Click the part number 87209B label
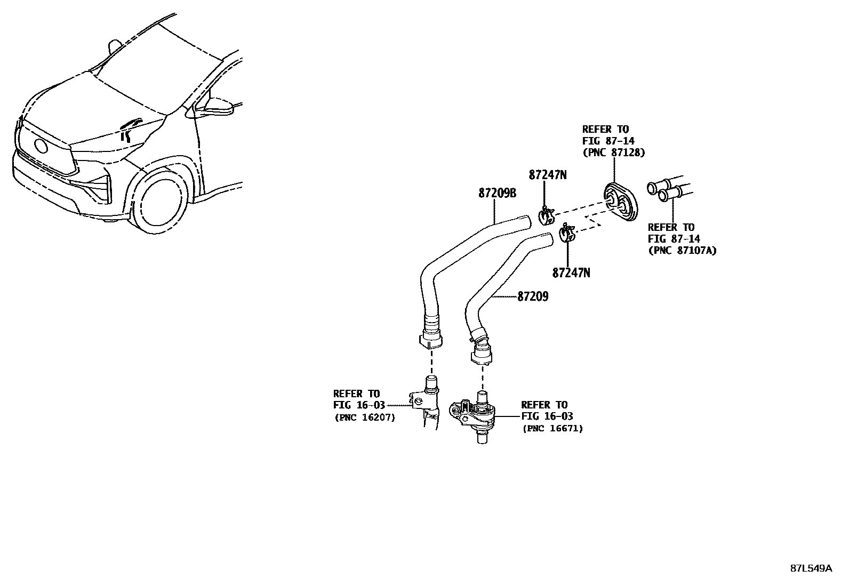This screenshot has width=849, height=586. [497, 194]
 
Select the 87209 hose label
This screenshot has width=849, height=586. [532, 297]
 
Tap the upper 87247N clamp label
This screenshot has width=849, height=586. [547, 174]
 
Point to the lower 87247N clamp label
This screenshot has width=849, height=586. [571, 272]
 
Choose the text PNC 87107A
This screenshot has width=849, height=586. [682, 251]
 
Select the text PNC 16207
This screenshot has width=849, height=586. [365, 418]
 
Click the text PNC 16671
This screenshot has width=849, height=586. [552, 428]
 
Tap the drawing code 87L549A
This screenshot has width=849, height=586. [811, 568]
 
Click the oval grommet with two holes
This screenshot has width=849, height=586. [620, 202]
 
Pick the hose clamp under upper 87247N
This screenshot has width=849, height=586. [547, 216]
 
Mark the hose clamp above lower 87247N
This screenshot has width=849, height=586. [566, 234]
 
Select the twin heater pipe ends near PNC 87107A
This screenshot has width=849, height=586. [664, 191]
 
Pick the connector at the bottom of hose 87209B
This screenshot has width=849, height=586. [431, 336]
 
